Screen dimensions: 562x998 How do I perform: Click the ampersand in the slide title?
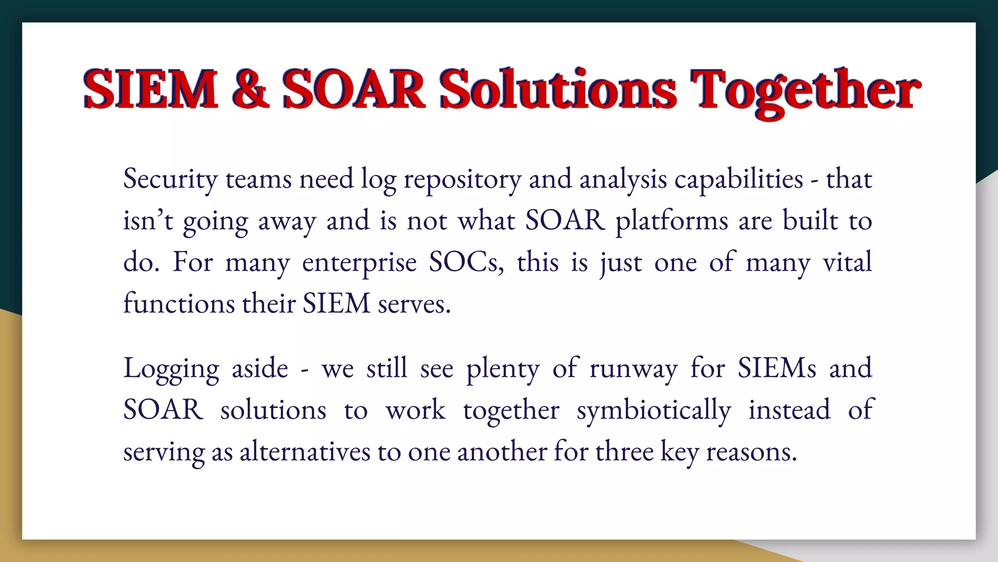point(250,89)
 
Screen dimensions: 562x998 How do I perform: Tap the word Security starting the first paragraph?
point(170,180)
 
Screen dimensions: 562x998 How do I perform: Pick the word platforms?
point(671,221)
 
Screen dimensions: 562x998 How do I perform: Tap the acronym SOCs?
point(466,262)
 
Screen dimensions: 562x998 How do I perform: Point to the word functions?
point(179,303)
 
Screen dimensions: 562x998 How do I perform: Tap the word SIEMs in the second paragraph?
point(776,368)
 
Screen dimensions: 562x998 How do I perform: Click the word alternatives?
point(305,451)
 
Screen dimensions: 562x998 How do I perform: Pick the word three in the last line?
point(624,451)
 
